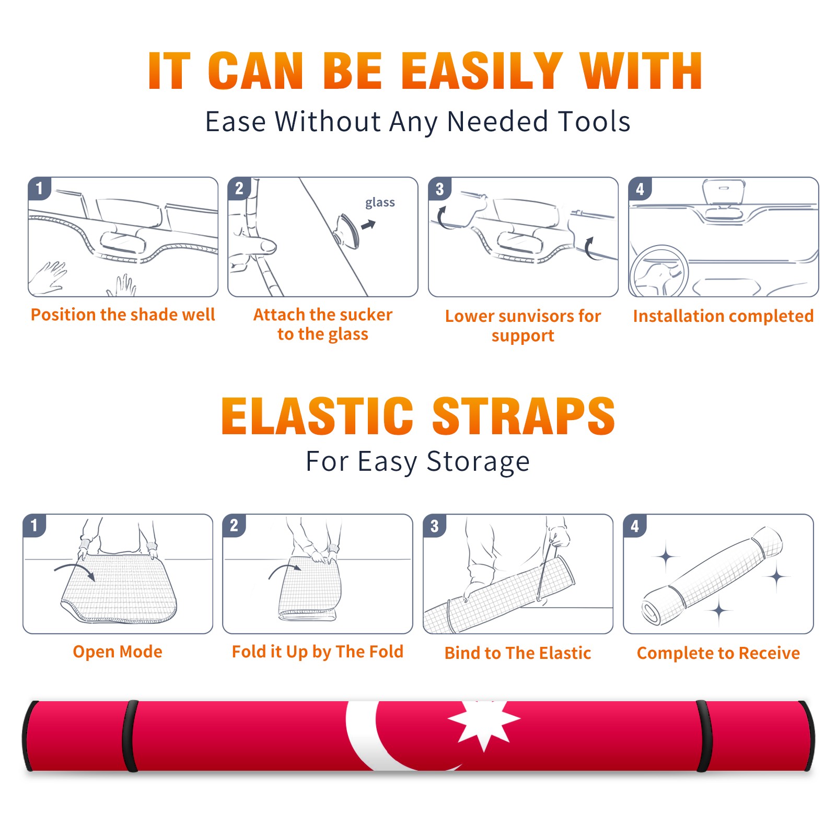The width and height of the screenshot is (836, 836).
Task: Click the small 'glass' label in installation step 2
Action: coord(380,203)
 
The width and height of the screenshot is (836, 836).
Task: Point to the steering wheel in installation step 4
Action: coord(659,271)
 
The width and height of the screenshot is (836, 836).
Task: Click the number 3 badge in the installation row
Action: coord(439,189)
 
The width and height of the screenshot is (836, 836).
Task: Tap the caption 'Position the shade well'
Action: coord(123,315)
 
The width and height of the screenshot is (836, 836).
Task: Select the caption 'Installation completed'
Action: coord(723,316)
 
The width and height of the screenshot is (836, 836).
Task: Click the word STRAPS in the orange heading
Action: coord(524,416)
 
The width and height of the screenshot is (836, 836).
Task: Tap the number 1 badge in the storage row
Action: coord(34,525)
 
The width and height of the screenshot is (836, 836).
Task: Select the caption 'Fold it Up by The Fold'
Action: coord(318,652)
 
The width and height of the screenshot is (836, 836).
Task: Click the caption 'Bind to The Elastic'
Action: coord(518,653)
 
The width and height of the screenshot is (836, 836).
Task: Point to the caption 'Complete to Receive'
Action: coord(718,653)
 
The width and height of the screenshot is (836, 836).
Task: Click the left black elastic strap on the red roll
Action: coord(130,736)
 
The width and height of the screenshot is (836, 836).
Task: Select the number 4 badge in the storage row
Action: coord(635,525)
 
